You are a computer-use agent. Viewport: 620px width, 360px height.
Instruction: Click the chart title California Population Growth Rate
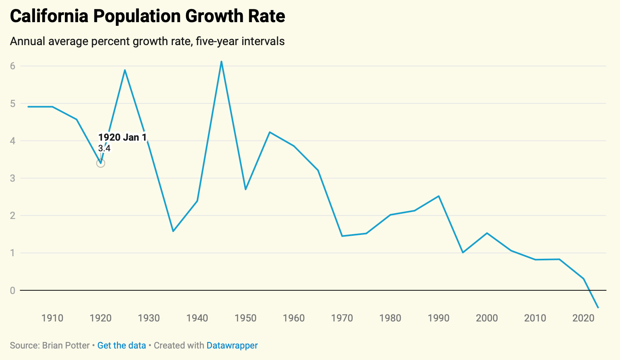[147, 16]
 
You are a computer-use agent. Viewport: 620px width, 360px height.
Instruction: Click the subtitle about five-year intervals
[147, 41]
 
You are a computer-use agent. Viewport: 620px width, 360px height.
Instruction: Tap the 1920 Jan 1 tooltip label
[122, 137]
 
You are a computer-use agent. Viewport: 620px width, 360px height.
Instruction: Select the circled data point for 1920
[101, 163]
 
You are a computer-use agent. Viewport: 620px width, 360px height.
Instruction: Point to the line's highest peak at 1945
[221, 62]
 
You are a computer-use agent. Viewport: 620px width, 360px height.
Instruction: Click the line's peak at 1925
[125, 70]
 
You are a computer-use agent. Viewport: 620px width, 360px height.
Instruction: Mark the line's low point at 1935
[173, 231]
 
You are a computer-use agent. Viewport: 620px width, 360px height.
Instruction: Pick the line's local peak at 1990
[439, 196]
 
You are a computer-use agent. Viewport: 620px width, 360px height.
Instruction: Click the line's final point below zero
[598, 308]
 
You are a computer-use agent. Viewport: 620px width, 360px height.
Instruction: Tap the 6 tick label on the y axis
[13, 66]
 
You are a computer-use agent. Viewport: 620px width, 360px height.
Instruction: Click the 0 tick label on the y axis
[13, 291]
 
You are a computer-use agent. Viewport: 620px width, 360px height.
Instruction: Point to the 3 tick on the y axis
[13, 178]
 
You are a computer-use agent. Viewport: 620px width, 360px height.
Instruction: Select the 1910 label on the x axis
[53, 318]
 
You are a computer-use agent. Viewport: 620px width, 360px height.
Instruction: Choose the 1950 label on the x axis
[246, 318]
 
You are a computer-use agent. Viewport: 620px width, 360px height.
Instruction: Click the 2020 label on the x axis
[583, 318]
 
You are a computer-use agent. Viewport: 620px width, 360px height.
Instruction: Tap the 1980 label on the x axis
[390, 318]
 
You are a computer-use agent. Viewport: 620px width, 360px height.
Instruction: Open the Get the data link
[122, 346]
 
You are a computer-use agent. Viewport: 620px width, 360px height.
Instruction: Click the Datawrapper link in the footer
[232, 346]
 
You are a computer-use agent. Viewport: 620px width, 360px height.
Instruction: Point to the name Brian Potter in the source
[66, 346]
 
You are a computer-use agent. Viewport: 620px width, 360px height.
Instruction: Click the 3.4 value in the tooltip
[104, 148]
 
